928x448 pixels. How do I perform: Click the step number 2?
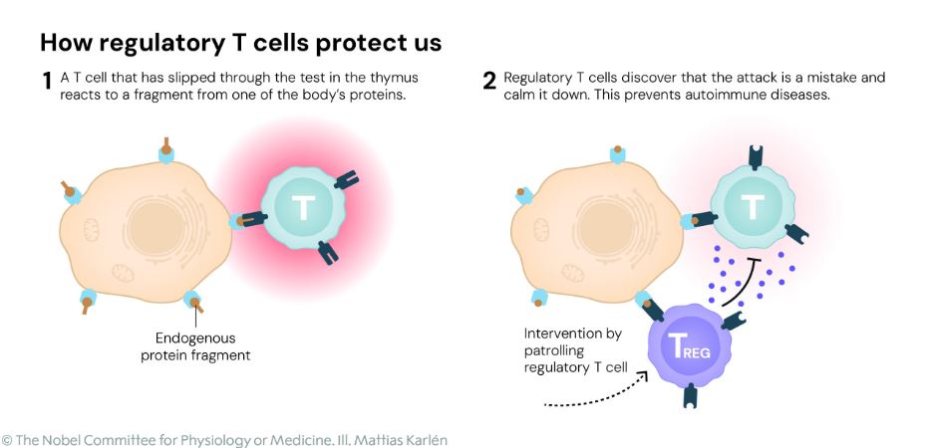click(x=489, y=81)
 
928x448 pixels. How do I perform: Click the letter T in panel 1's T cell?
click(x=301, y=208)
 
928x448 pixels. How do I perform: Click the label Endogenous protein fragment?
click(x=195, y=345)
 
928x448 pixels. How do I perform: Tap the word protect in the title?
click(x=343, y=44)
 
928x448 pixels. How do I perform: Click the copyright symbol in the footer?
click(x=7, y=439)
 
